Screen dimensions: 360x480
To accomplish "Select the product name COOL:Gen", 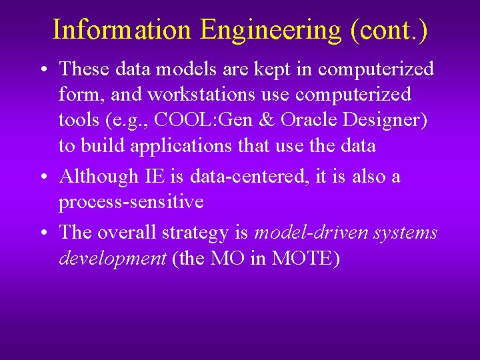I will [x=205, y=120].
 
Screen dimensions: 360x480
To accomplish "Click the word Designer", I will [x=386, y=120].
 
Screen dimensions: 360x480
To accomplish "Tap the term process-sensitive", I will [x=131, y=202].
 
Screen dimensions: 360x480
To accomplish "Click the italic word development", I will [x=112, y=258].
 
